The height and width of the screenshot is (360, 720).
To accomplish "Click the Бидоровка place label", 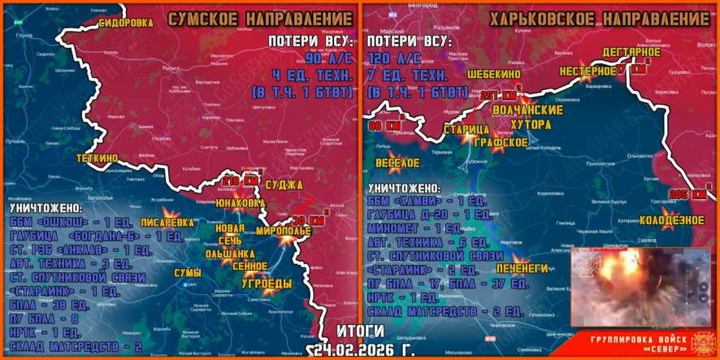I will click(125, 24).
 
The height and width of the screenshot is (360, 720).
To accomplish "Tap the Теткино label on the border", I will click(98, 158).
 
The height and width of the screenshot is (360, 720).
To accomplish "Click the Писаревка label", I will click(167, 221).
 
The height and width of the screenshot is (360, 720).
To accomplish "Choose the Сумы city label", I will click(187, 273).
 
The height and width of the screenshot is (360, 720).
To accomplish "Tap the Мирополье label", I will click(283, 231).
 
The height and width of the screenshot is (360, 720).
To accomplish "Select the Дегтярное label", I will click(631, 53).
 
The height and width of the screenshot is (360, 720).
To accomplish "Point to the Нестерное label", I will click(588, 71).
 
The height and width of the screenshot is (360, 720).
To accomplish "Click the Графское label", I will click(501, 142).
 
